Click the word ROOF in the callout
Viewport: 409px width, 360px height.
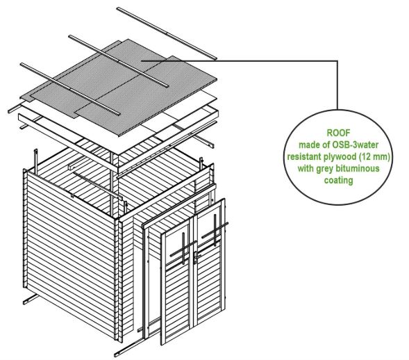(x=338, y=133)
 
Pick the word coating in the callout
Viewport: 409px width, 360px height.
(x=339, y=180)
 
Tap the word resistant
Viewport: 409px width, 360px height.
(x=303, y=156)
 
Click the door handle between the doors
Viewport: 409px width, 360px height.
(x=196, y=256)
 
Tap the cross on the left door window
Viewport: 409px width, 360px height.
(x=183, y=249)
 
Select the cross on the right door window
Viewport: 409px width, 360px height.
(x=215, y=230)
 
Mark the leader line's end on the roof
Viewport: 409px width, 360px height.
(x=142, y=60)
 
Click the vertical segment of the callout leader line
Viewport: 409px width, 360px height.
(x=337, y=85)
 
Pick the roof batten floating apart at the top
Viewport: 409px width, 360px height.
(x=167, y=33)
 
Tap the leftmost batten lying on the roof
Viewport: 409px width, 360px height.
(x=70, y=89)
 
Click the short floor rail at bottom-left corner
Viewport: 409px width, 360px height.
(x=31, y=299)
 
